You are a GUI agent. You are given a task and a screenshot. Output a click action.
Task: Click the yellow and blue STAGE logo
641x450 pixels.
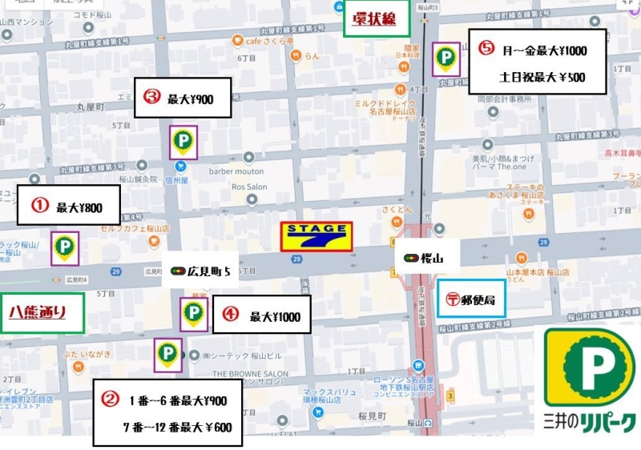[x=316, y=237]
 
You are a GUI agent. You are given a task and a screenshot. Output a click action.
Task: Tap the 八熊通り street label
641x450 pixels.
[x=37, y=311]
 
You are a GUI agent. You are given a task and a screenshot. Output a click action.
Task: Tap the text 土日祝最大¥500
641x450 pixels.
[x=542, y=78]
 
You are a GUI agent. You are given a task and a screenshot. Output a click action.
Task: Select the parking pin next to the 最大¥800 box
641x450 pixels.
[x=64, y=247]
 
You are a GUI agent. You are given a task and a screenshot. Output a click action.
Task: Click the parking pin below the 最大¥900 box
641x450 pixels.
[x=183, y=143]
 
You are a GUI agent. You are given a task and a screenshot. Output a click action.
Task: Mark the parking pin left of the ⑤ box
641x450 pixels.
[x=445, y=58]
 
